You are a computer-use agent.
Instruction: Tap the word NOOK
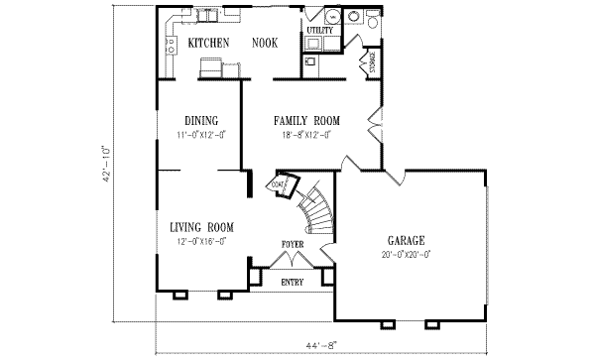tap(264, 43)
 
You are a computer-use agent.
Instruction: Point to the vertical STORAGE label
tap(373, 62)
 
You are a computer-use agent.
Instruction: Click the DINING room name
tap(200, 120)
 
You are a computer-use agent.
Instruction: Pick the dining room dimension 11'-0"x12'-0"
tap(200, 133)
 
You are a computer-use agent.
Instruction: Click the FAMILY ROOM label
tap(307, 120)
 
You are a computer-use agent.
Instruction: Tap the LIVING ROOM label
tap(200, 226)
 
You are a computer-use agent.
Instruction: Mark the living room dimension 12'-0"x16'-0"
tap(200, 240)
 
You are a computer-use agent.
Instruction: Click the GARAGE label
tap(407, 241)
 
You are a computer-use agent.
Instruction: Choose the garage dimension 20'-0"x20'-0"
tap(407, 253)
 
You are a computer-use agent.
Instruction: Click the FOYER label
tap(293, 242)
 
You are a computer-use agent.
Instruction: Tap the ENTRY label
tap(293, 283)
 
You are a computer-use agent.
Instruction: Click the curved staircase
tap(317, 211)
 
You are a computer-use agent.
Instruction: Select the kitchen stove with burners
tap(212, 65)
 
